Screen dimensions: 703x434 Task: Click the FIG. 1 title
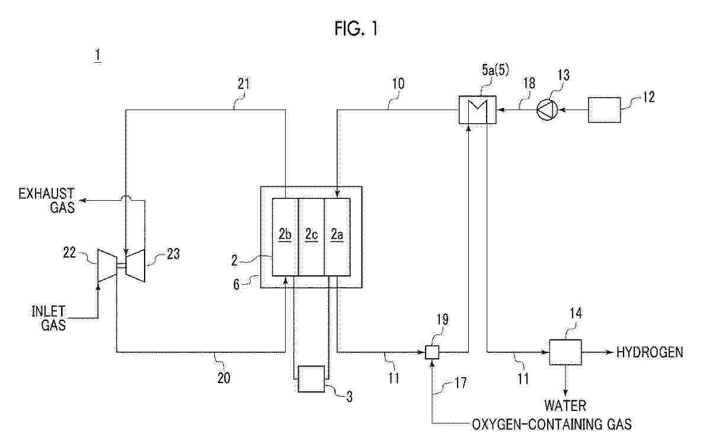[356, 28]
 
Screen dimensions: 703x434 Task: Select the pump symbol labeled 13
[547, 110]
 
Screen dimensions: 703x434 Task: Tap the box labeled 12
[605, 110]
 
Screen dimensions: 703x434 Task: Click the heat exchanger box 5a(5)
[478, 110]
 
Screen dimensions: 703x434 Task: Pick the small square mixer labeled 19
[432, 352]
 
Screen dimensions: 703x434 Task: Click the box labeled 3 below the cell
[311, 379]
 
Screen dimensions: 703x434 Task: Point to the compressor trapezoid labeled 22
[107, 266]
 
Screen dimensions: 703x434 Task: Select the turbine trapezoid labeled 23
[135, 266]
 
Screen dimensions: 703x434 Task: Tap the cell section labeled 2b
[285, 237]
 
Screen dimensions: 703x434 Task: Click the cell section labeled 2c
[311, 237]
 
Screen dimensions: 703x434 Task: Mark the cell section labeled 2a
[337, 237]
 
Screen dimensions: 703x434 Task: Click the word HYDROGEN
[650, 352]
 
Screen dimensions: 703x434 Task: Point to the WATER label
[565, 406]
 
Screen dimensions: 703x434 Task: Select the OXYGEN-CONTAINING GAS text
[551, 424]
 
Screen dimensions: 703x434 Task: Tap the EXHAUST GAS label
[46, 200]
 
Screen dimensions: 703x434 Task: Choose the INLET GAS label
[49, 318]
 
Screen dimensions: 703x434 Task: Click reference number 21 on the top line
[244, 83]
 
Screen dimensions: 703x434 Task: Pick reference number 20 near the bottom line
[223, 378]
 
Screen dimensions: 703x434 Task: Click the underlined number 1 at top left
[98, 56]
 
